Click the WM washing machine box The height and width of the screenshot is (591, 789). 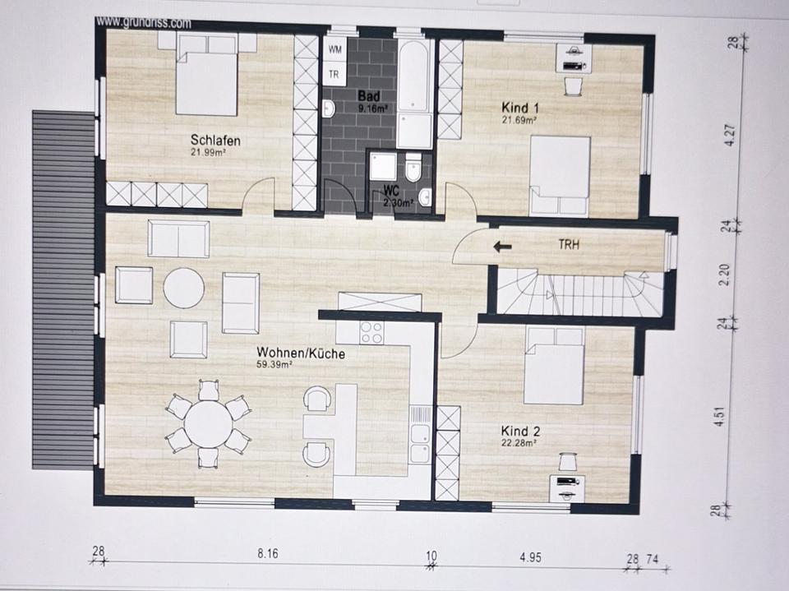pyautogui.click(x=335, y=49)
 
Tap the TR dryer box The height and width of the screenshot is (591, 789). pyautogui.click(x=335, y=75)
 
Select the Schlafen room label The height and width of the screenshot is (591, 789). pyautogui.click(x=215, y=140)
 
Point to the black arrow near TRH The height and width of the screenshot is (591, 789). pyautogui.click(x=502, y=247)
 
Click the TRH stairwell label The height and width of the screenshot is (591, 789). pyautogui.click(x=569, y=245)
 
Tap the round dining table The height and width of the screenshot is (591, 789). pyautogui.click(x=208, y=422)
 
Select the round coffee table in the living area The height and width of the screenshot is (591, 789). pyautogui.click(x=184, y=288)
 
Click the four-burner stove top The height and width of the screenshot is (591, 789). pyautogui.click(x=371, y=332)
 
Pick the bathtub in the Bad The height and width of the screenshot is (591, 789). pyautogui.click(x=413, y=76)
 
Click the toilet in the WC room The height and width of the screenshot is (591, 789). pyautogui.click(x=413, y=169)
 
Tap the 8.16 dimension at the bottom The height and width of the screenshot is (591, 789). pyautogui.click(x=268, y=554)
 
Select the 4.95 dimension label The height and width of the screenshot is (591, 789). pyautogui.click(x=530, y=557)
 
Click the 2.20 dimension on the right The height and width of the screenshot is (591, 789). pyautogui.click(x=725, y=275)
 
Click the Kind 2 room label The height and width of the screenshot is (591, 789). pyautogui.click(x=520, y=432)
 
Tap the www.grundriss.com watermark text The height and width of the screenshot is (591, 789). pyautogui.click(x=144, y=23)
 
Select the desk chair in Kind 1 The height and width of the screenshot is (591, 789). pyautogui.click(x=572, y=85)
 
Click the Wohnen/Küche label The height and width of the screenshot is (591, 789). pyautogui.click(x=301, y=353)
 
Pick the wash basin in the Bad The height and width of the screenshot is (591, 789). pyautogui.click(x=328, y=108)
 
